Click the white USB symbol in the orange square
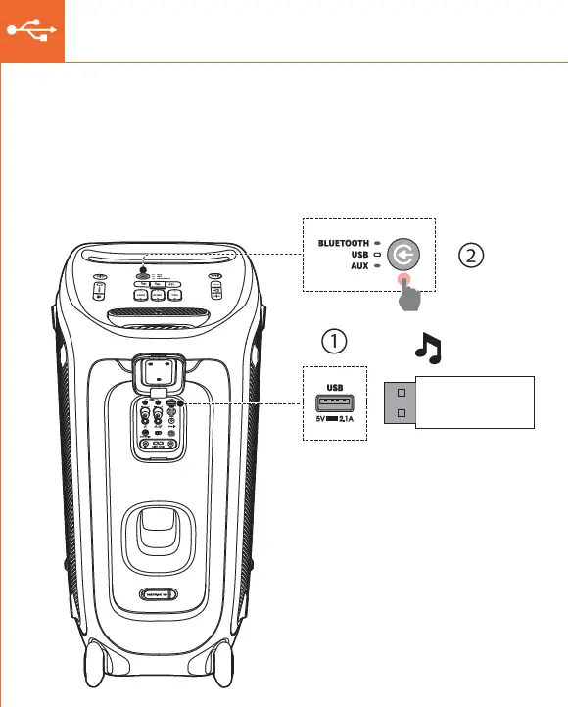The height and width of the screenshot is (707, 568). tap(31, 30)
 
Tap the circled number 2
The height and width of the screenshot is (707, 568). tap(471, 255)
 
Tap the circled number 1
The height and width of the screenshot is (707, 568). tap(334, 342)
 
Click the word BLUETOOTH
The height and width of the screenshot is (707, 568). tap(342, 242)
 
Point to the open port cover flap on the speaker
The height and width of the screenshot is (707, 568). tap(157, 372)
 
